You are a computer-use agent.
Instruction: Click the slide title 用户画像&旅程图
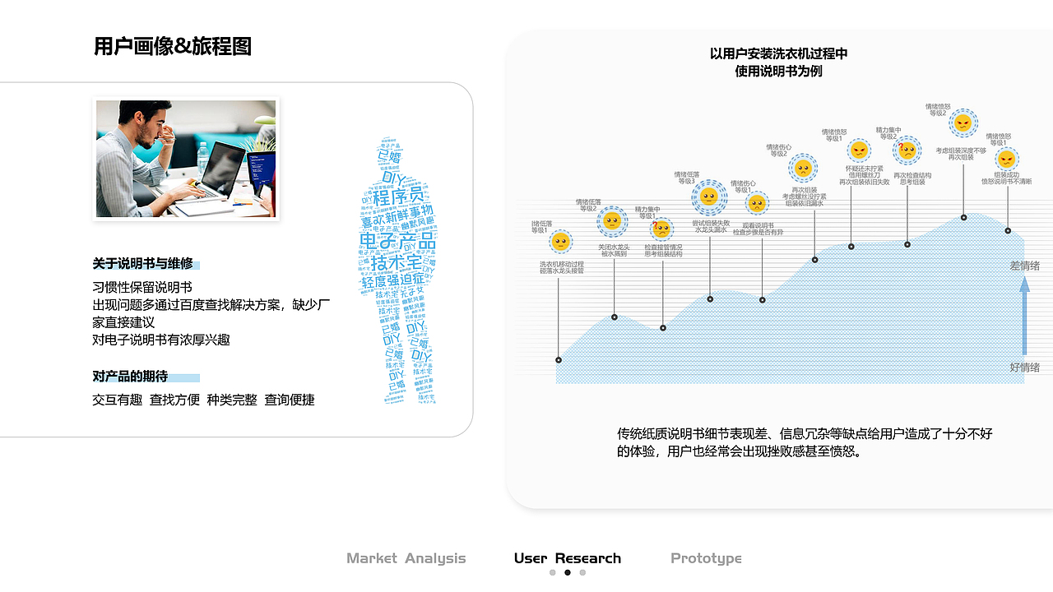173,47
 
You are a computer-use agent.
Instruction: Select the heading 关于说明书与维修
142,264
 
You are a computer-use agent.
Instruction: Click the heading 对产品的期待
130,377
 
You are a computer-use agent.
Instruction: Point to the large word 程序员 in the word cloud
398,197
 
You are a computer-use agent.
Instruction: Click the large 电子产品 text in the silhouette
397,242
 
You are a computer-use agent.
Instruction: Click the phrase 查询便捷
290,400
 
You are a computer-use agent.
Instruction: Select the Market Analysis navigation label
406,558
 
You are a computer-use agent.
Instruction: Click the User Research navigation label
567,558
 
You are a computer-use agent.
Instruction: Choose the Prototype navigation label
706,558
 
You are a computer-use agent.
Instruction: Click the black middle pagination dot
568,573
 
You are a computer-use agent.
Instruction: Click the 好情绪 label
1024,368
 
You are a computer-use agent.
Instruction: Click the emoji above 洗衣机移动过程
560,242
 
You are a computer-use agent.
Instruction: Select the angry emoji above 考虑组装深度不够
963,123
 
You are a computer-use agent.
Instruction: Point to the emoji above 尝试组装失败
708,197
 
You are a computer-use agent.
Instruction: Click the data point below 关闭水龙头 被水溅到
615,317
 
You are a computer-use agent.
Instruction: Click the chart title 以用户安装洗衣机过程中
778,54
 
